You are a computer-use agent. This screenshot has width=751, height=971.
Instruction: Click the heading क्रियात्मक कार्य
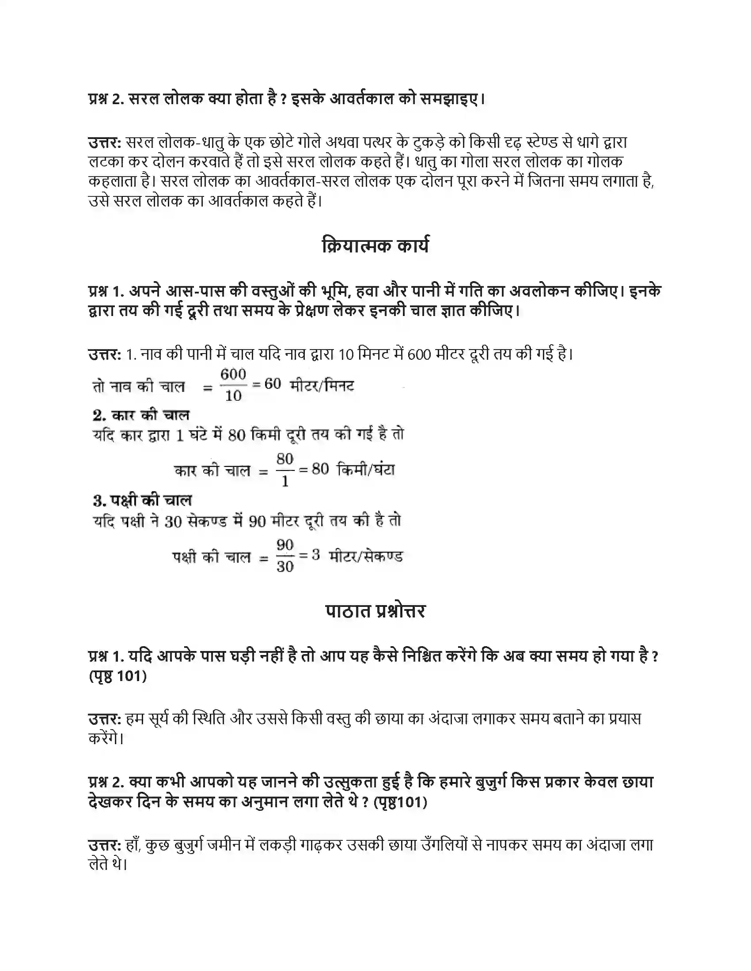375,246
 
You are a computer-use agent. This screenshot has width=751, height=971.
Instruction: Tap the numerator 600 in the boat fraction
233,374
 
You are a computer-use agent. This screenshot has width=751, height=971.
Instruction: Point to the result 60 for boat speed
273,384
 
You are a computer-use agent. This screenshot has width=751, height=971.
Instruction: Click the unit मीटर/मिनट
322,385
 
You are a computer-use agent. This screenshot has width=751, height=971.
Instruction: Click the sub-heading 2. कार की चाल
141,415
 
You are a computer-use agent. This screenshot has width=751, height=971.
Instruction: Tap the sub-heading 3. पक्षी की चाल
142,501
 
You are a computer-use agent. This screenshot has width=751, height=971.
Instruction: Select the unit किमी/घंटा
366,470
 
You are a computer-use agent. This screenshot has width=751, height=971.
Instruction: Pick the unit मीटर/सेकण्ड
366,556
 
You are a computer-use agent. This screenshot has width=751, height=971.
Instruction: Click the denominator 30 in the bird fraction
285,566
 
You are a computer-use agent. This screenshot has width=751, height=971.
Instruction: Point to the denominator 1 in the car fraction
285,481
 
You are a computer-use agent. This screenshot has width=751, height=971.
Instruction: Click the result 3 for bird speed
315,555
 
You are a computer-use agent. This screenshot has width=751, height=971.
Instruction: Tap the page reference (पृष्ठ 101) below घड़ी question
118,676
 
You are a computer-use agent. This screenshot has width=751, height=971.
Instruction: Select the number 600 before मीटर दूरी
419,355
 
